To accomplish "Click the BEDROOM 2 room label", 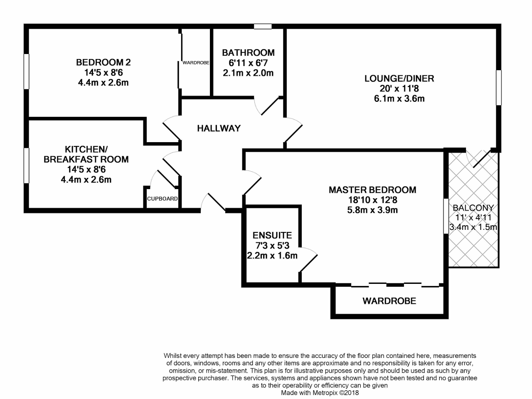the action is [103, 62].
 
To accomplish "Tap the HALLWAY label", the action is [219, 128].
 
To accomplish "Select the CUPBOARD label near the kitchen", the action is [163, 199].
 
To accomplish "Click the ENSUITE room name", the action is [272, 235].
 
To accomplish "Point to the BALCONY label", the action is [473, 208].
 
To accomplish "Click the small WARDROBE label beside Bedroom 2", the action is [196, 63].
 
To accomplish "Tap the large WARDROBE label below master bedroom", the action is [389, 301].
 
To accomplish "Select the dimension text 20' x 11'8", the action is [399, 89].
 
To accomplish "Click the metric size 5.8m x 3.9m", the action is [372, 210].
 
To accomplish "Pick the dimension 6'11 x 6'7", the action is [248, 63].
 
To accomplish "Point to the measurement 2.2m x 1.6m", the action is [272, 256].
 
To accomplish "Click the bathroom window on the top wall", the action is [263, 27].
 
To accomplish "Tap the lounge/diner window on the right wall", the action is [499, 88].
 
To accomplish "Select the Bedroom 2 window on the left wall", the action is [27, 71].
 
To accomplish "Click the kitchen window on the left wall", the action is [27, 165].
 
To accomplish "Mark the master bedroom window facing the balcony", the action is [446, 216].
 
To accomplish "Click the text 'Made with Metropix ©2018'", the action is [320, 393].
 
